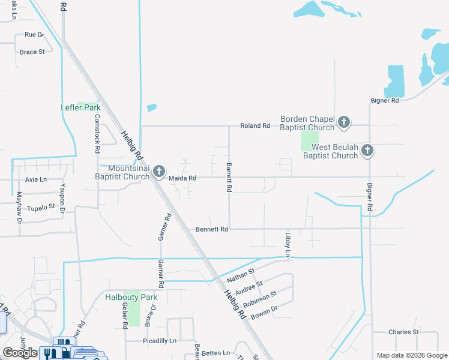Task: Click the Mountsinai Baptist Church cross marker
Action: tap(159, 172)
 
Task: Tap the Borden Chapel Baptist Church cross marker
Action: tap(344, 123)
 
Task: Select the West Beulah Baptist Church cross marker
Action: tap(367, 151)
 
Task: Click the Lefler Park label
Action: tap(80, 107)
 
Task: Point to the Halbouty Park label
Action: tap(131, 297)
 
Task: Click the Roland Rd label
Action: tap(255, 126)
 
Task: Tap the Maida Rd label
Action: tap(182, 178)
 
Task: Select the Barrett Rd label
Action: tap(229, 177)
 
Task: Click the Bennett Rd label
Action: tap(212, 229)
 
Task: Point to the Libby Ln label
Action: tap(288, 245)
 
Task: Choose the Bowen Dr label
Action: tap(264, 313)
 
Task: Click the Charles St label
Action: tap(403, 332)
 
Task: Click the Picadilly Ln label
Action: tap(160, 341)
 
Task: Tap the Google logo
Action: tap(20, 352)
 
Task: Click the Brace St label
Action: tap(32, 52)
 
